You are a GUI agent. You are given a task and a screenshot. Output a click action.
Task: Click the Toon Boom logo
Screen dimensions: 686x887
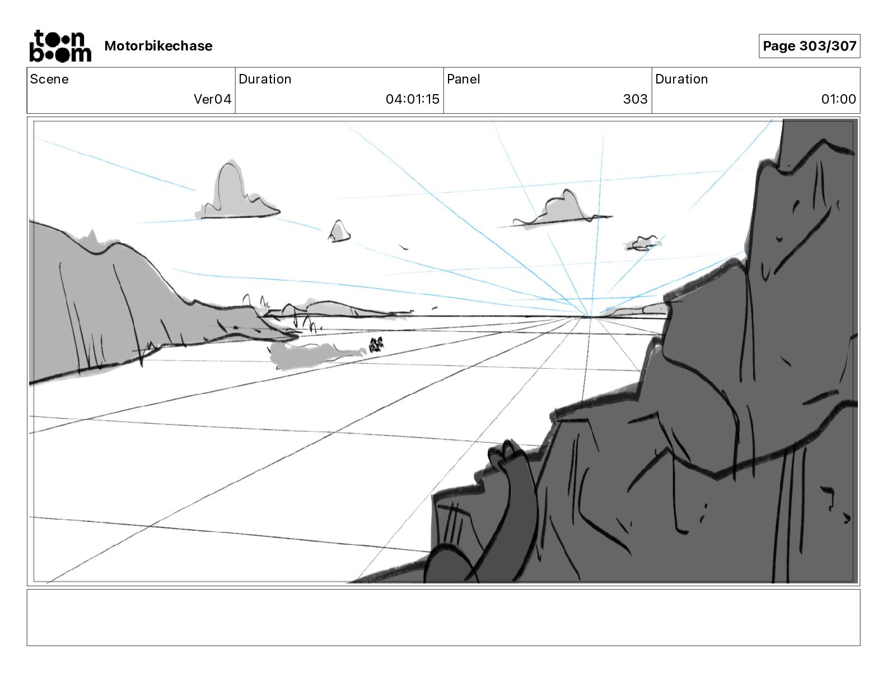[60, 46]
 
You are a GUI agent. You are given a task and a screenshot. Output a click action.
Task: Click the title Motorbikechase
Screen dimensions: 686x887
[158, 46]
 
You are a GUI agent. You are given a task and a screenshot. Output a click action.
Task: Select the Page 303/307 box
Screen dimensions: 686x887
[809, 46]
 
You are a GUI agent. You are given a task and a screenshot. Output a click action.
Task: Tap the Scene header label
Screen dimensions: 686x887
[49, 79]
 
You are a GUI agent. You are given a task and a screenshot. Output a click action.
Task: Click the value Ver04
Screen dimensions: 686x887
[212, 99]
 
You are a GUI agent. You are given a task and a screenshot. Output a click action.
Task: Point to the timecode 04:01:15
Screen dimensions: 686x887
[412, 99]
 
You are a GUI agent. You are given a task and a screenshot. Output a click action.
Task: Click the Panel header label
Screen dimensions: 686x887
[463, 79]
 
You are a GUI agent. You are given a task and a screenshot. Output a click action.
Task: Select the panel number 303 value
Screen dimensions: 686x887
[635, 99]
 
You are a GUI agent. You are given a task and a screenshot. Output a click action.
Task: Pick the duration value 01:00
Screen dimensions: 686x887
[838, 99]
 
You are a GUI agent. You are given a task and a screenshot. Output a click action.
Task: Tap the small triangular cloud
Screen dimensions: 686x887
[339, 231]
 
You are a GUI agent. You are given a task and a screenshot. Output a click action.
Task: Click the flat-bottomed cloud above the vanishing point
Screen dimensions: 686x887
[560, 210]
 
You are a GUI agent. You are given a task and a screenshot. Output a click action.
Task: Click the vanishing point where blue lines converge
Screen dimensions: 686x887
[590, 317]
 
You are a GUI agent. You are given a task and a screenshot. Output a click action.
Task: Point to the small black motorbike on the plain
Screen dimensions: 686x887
[376, 344]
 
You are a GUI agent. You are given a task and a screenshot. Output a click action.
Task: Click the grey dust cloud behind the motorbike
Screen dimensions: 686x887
[314, 355]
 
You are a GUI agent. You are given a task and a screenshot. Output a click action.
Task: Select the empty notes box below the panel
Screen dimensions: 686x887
[443, 617]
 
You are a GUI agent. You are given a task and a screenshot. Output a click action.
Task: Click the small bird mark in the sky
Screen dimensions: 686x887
[403, 247]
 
